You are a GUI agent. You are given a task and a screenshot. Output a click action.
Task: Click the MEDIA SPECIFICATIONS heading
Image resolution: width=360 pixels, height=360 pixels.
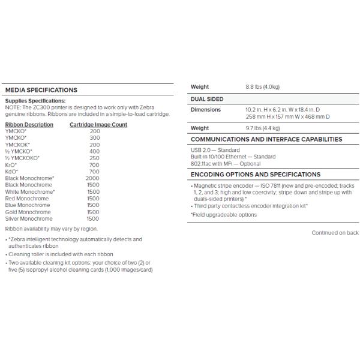coord(41,90)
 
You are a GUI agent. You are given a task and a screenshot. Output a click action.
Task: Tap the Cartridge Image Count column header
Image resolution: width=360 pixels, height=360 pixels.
coord(98,125)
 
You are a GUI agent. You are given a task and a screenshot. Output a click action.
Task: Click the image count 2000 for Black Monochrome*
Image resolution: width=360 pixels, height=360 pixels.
coord(93,178)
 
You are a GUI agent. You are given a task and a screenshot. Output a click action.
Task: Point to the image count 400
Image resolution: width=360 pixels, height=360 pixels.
coord(94,151)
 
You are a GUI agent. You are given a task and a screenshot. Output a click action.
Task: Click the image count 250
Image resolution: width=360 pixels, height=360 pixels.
coord(94,158)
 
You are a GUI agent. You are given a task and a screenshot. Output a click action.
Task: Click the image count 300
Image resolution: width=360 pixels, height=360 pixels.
coord(94,138)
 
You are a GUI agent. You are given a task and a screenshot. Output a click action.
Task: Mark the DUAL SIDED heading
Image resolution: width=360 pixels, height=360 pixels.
coord(207,98)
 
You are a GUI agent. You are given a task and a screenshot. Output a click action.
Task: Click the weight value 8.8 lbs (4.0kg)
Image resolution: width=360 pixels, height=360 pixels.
coord(262,87)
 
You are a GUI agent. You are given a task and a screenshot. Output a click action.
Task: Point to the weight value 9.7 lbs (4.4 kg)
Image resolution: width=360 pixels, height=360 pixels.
coord(263,128)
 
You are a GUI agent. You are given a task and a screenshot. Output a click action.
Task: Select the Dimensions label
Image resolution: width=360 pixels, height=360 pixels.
coord(205,110)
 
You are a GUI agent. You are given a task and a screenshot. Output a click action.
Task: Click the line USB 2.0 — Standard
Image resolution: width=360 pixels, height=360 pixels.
coord(215,150)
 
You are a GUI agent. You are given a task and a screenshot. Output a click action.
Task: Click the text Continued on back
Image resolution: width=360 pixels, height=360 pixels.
coord(335,233)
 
